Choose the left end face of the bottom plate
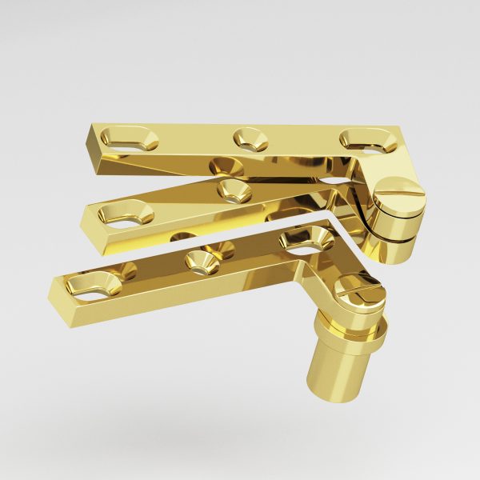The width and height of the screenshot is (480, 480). (57, 290)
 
